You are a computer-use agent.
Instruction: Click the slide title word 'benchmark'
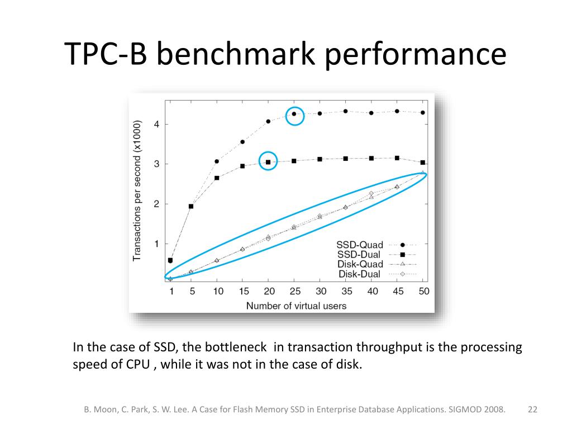click(251, 55)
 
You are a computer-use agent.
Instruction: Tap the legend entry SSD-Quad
click(360, 245)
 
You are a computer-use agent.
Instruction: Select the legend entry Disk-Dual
click(360, 274)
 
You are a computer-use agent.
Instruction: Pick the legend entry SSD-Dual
click(360, 254)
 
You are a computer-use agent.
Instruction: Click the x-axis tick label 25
click(294, 291)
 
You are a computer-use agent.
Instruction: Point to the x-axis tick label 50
click(423, 291)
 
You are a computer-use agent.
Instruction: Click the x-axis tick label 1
click(171, 291)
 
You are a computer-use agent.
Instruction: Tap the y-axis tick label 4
click(157, 124)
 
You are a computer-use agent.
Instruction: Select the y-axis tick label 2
click(157, 204)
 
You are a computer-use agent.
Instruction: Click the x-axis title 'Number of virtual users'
click(296, 306)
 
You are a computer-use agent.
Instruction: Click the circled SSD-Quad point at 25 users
click(294, 114)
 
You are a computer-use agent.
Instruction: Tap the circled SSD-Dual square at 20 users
click(269, 162)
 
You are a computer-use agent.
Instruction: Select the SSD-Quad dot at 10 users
click(217, 161)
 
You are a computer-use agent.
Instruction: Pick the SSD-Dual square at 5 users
click(191, 206)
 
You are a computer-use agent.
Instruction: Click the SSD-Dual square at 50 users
click(423, 163)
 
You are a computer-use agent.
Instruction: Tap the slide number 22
click(532, 409)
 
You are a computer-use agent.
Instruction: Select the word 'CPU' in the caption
click(137, 365)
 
